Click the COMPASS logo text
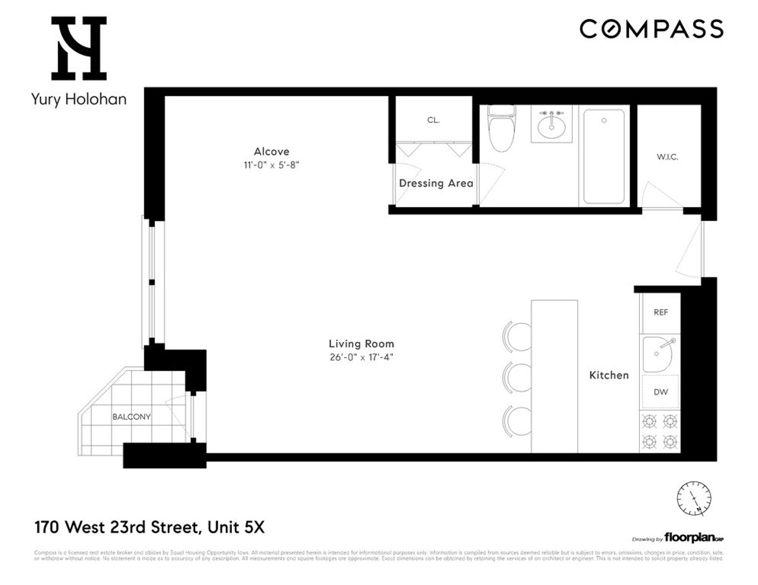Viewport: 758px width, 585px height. (x=651, y=29)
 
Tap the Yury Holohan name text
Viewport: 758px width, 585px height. (x=78, y=99)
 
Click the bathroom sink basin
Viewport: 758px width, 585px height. (x=551, y=126)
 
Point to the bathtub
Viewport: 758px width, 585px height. (x=603, y=156)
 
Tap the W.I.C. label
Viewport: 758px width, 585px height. (x=667, y=157)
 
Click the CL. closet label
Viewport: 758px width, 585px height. (x=433, y=120)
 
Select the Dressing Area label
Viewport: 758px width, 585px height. (x=436, y=184)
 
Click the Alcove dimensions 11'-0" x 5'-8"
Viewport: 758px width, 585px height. (x=272, y=165)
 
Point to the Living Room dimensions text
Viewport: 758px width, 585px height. (x=361, y=357)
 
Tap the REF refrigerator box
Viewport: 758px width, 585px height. (x=661, y=312)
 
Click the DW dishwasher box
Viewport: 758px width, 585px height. (x=661, y=392)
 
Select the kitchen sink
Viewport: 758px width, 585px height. (x=659, y=354)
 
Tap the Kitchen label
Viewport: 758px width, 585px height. (x=609, y=375)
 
